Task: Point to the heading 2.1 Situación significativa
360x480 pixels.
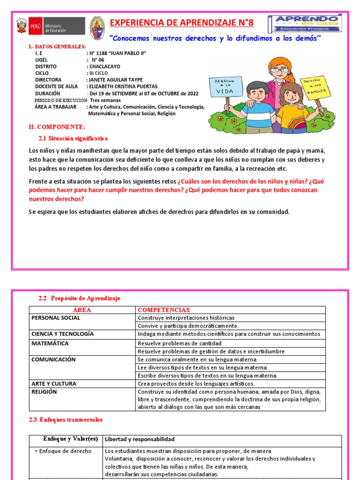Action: point(73,138)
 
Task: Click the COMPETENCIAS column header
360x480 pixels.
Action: point(164,310)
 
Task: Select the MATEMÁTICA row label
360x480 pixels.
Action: point(50,343)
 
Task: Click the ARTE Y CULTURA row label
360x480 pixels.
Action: point(53,383)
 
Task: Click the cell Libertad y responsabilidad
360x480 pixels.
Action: point(140,439)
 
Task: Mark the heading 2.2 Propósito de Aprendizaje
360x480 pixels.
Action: point(79,298)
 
